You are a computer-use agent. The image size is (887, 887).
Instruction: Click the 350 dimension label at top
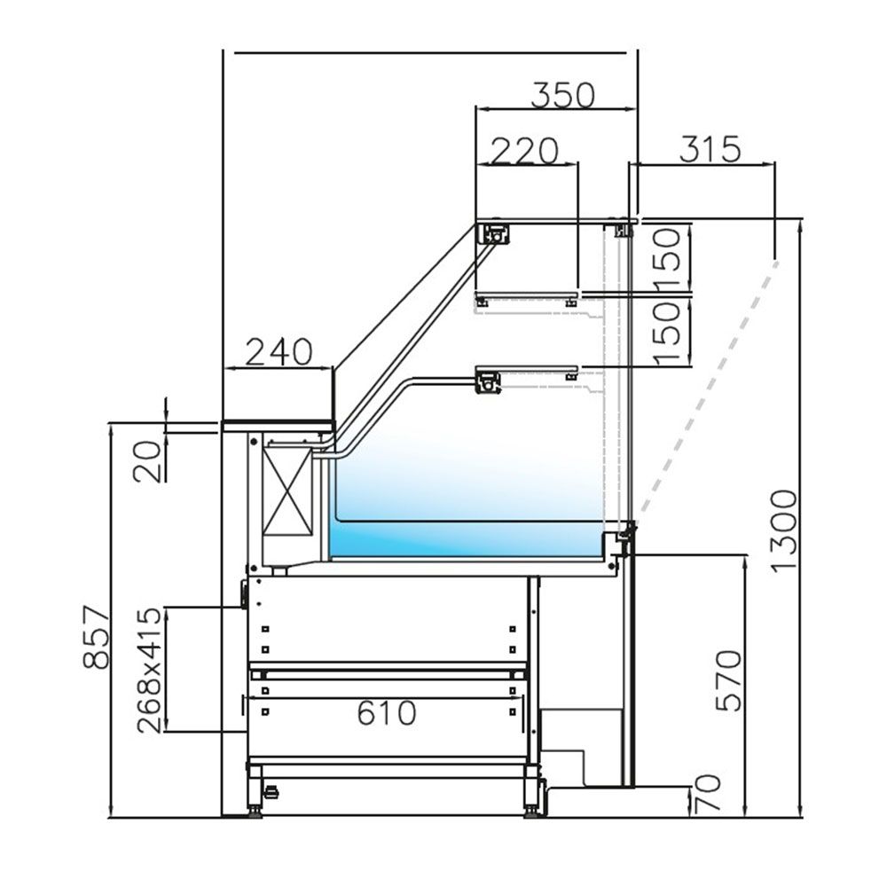tap(562, 94)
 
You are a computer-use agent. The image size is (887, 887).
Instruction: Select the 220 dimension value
tap(526, 151)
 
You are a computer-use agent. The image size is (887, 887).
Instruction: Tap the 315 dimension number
tap(710, 149)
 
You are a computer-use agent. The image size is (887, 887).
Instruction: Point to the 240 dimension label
tap(279, 352)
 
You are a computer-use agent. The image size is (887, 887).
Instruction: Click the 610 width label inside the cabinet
tap(387, 712)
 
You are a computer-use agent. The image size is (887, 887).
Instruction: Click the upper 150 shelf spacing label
tap(671, 258)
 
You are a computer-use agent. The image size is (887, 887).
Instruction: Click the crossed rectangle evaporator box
tap(288, 490)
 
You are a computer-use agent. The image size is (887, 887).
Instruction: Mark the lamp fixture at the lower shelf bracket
tap(489, 383)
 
